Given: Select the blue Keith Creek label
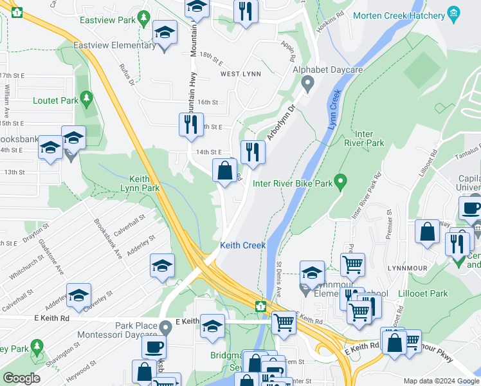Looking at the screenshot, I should click(242, 245).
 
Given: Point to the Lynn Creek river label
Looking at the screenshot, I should click(333, 110).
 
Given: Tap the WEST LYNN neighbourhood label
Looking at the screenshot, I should click(240, 74).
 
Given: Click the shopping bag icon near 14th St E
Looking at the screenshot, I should click(224, 172).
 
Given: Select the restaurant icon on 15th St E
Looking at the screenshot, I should click(190, 125).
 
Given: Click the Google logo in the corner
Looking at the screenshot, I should click(21, 378).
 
